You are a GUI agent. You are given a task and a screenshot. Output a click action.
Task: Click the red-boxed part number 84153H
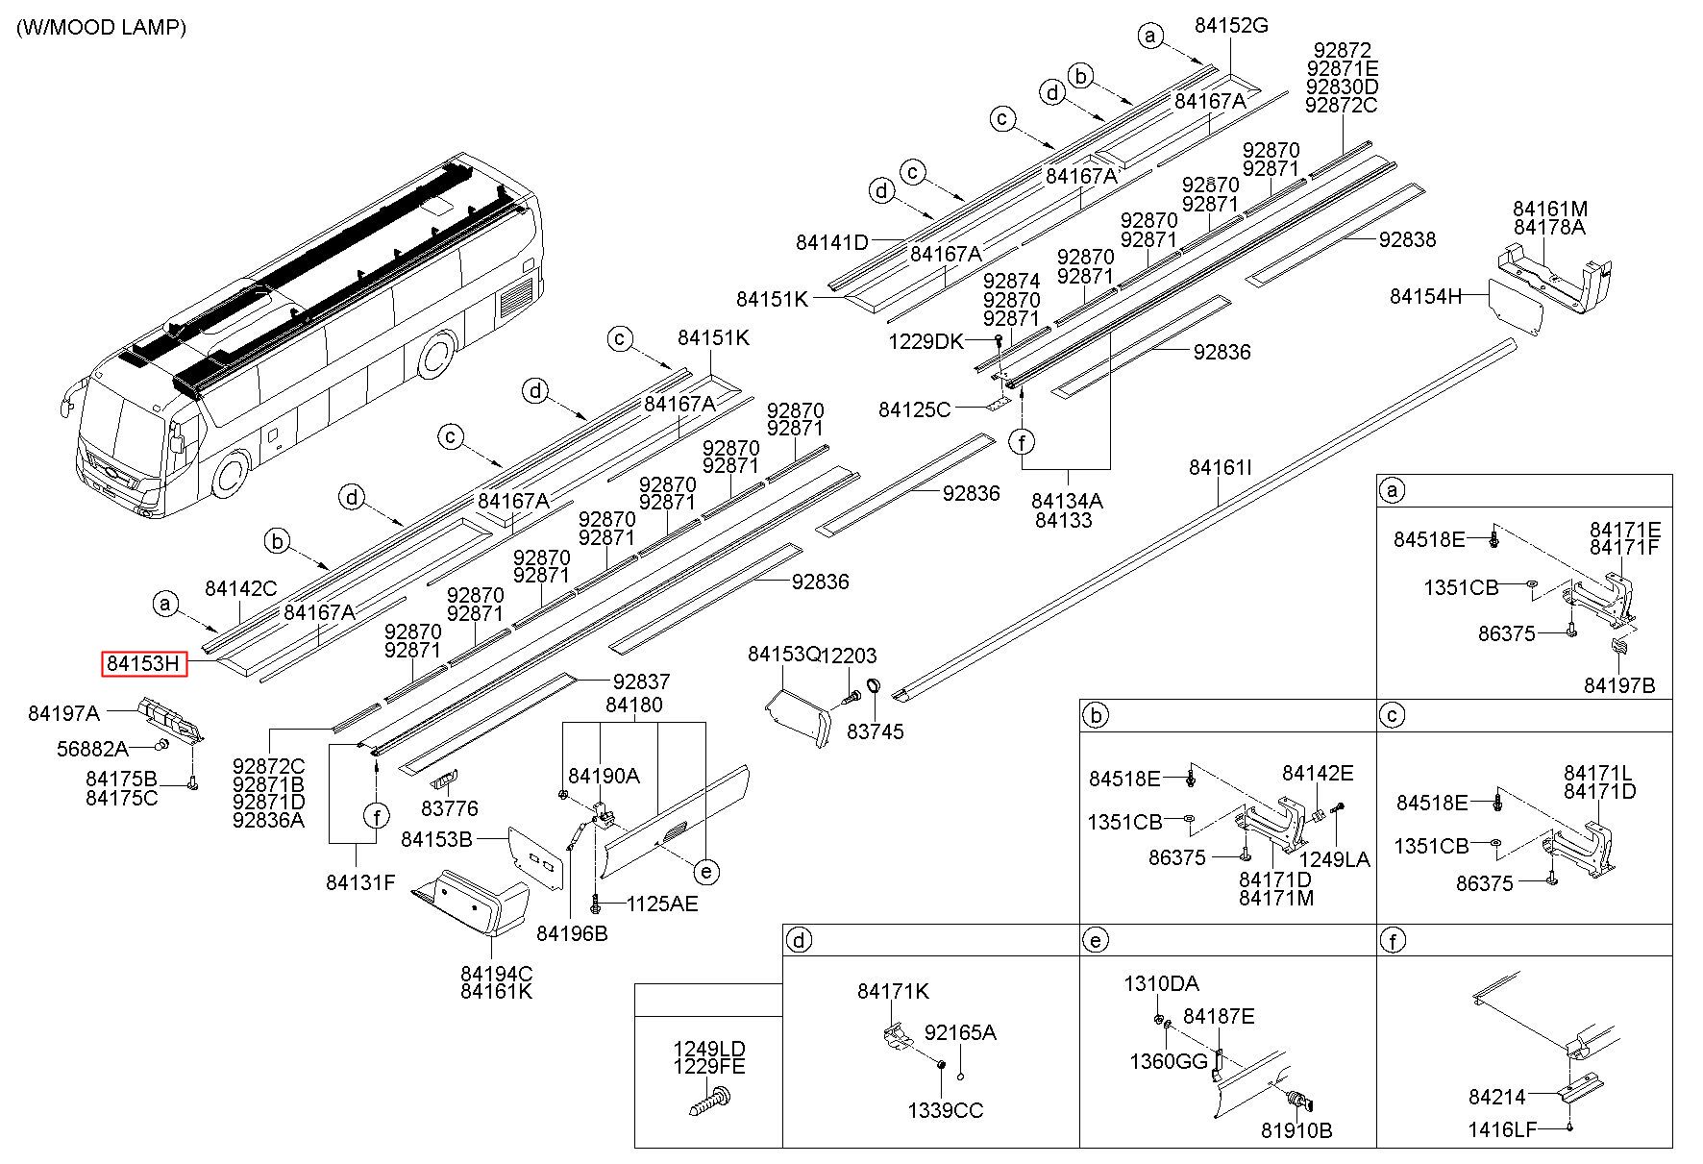tap(144, 663)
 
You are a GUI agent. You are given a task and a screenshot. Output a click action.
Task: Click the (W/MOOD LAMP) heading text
tap(101, 27)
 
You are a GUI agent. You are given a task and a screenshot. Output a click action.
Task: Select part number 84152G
tap(1231, 26)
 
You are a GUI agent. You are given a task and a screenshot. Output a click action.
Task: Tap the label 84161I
tap(1221, 468)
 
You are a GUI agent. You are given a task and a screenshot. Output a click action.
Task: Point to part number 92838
tap(1407, 239)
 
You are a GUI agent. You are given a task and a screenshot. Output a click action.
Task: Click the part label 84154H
tap(1425, 296)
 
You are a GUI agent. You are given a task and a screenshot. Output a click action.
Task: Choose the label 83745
tap(876, 731)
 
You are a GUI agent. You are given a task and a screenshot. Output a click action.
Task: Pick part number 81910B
tap(1296, 1130)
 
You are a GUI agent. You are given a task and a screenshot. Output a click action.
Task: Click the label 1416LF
tap(1503, 1129)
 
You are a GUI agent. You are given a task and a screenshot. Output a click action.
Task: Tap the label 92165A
tap(960, 1032)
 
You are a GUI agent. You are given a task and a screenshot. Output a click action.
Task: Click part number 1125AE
tap(662, 904)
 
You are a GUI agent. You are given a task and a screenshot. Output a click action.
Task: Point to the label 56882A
tap(92, 749)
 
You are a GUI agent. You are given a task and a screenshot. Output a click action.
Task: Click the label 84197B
tap(1619, 685)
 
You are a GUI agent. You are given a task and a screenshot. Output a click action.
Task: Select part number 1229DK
tap(926, 341)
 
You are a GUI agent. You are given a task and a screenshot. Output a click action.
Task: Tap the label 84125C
tap(914, 410)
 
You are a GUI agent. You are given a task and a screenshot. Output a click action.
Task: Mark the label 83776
tap(450, 808)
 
